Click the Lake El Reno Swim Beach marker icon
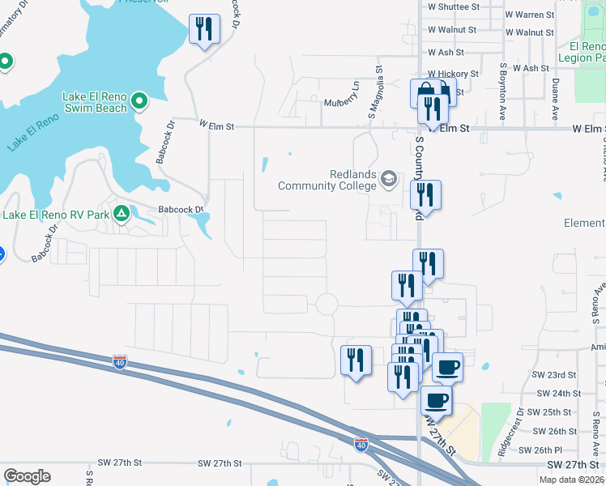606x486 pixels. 139,101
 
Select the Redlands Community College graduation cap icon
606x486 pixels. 389,179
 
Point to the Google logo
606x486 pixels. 27,476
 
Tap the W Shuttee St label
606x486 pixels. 454,6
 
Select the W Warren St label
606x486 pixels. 529,15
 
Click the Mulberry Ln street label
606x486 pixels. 340,103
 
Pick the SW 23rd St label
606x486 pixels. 553,375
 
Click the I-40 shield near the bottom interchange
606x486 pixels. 361,444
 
